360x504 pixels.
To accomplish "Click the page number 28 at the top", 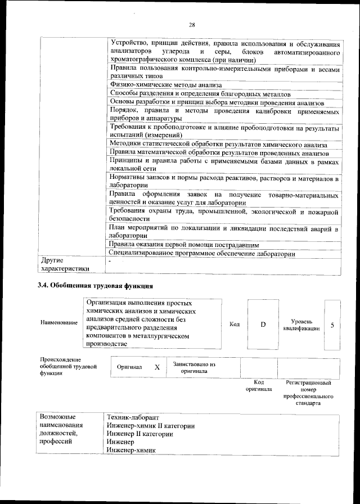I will point(191,25).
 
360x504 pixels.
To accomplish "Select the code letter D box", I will point(263,325).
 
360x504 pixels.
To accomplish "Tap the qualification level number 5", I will point(332,325).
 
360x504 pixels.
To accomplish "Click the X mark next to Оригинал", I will point(157,367).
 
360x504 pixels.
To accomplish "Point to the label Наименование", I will point(59,323).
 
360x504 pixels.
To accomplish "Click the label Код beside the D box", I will point(235,325).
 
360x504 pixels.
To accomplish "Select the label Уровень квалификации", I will point(302,324).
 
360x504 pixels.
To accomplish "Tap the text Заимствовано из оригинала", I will point(195,367).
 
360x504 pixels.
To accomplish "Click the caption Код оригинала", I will point(259,385).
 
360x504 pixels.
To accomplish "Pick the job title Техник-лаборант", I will point(133,417).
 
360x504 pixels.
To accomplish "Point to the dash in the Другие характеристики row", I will point(110,261).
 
